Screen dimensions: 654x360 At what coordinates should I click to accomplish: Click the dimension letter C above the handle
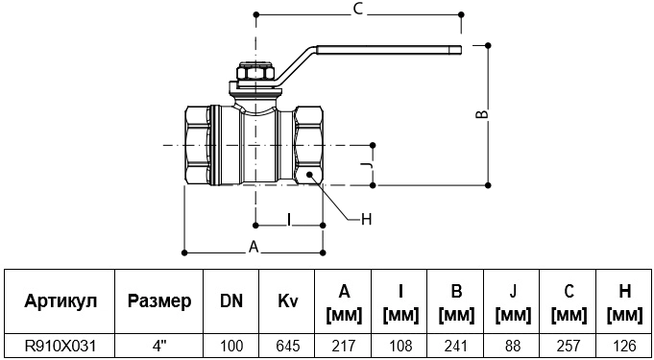click(358, 11)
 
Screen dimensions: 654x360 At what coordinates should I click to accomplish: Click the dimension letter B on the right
click(482, 115)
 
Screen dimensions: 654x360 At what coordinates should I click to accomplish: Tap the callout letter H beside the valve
click(366, 219)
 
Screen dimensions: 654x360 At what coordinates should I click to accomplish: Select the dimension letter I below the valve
click(289, 219)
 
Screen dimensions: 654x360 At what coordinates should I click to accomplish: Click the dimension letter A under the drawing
click(254, 247)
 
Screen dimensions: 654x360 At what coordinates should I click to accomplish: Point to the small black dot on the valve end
click(310, 176)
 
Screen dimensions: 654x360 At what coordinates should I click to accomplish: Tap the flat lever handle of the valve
click(389, 50)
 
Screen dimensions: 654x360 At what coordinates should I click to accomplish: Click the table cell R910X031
click(60, 346)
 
